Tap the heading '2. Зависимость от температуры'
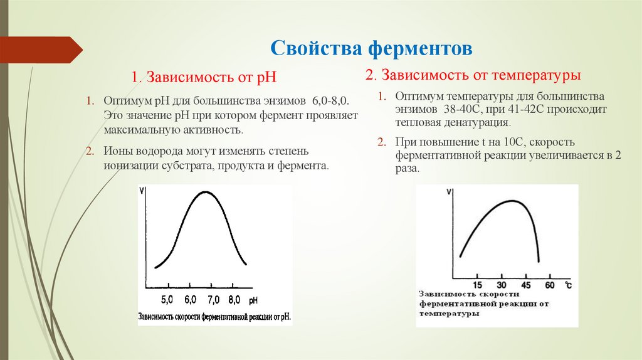473,75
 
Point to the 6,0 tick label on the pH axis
191,299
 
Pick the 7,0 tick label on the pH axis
213,299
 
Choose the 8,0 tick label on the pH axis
235,299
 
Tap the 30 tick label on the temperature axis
502,286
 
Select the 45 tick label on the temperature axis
526,286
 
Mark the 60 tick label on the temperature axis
550,286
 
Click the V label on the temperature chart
449,193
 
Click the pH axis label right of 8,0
253,300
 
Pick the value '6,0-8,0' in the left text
333,102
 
